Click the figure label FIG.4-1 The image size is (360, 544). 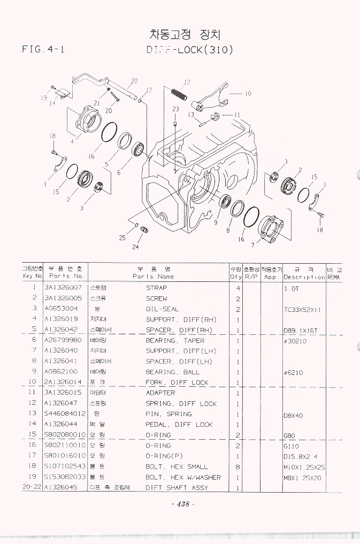(43, 50)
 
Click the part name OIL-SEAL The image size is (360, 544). (163, 309)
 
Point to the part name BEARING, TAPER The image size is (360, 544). (175, 340)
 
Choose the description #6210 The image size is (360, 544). (293, 372)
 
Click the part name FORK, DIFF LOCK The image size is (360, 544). (177, 382)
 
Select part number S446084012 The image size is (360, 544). (65, 414)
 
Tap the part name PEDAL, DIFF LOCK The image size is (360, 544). (179, 425)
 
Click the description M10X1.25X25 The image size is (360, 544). (305, 467)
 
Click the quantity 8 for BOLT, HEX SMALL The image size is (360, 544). (236, 467)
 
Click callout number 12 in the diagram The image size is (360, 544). (187, 82)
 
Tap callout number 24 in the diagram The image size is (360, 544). (135, 247)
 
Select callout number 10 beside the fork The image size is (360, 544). (248, 94)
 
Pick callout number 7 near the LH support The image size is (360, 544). (252, 246)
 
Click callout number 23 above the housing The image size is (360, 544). (175, 109)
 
